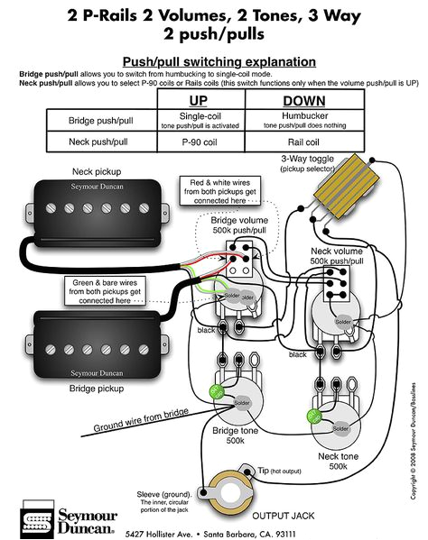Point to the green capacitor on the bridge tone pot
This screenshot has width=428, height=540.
click(x=218, y=392)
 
